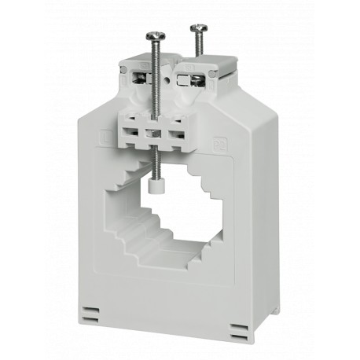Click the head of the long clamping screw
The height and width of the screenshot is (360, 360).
(155, 33)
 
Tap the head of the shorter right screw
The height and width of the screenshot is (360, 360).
(197, 28)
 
